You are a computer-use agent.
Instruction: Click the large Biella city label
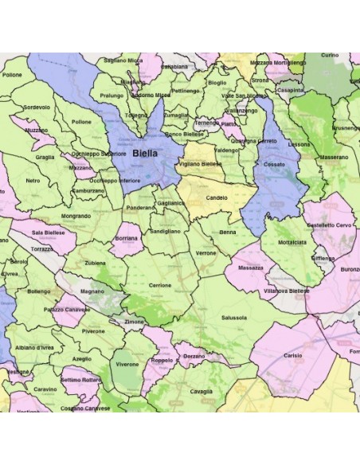pyautogui.click(x=145, y=152)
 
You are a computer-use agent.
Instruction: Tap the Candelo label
pyautogui.click(x=217, y=197)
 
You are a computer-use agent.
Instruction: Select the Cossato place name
pyautogui.click(x=274, y=163)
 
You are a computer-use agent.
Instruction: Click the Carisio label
pyautogui.click(x=292, y=356)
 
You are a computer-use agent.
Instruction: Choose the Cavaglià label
pyautogui.click(x=201, y=391)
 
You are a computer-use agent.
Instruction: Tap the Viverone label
pyautogui.click(x=127, y=364)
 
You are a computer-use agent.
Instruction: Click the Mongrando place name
pyautogui.click(x=76, y=216)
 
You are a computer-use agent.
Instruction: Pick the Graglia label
pyautogui.click(x=45, y=157)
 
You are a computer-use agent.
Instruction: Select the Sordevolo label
pyautogui.click(x=37, y=107)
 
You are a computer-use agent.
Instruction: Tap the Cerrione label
pyautogui.click(x=159, y=284)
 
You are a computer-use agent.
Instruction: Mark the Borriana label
pyautogui.click(x=126, y=237)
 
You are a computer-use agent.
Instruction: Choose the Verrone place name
pyautogui.click(x=206, y=252)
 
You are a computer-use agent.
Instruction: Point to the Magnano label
pyautogui.click(x=92, y=291)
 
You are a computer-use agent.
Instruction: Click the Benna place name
pyautogui.click(x=228, y=232)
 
